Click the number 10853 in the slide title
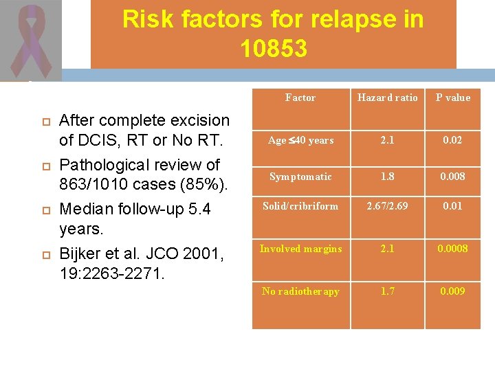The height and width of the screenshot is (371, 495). pyautogui.click(x=274, y=49)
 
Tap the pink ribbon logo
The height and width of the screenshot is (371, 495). pyautogui.click(x=31, y=41)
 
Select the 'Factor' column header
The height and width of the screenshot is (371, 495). pyautogui.click(x=300, y=98)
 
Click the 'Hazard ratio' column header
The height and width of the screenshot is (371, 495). pyautogui.click(x=387, y=98)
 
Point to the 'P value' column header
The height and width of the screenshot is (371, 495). pyautogui.click(x=453, y=98)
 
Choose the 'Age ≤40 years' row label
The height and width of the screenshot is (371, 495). pyautogui.click(x=300, y=140)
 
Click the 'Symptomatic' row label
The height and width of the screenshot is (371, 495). pyautogui.click(x=300, y=177)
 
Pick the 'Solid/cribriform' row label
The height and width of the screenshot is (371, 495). pyautogui.click(x=300, y=205)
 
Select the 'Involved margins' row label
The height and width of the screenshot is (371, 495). pyautogui.click(x=300, y=249)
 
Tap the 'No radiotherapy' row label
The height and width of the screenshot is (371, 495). pyautogui.click(x=300, y=291)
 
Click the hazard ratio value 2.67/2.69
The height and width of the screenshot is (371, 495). pyautogui.click(x=387, y=205)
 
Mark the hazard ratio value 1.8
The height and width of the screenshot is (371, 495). pyautogui.click(x=387, y=177)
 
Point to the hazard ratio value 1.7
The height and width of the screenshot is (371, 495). pyautogui.click(x=387, y=291)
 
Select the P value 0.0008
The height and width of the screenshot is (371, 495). pyautogui.click(x=453, y=249)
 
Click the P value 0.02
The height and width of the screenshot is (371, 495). pyautogui.click(x=453, y=140)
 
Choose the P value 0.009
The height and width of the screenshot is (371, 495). pyautogui.click(x=453, y=291)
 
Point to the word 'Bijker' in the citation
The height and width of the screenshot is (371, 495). pyautogui.click(x=80, y=254)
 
